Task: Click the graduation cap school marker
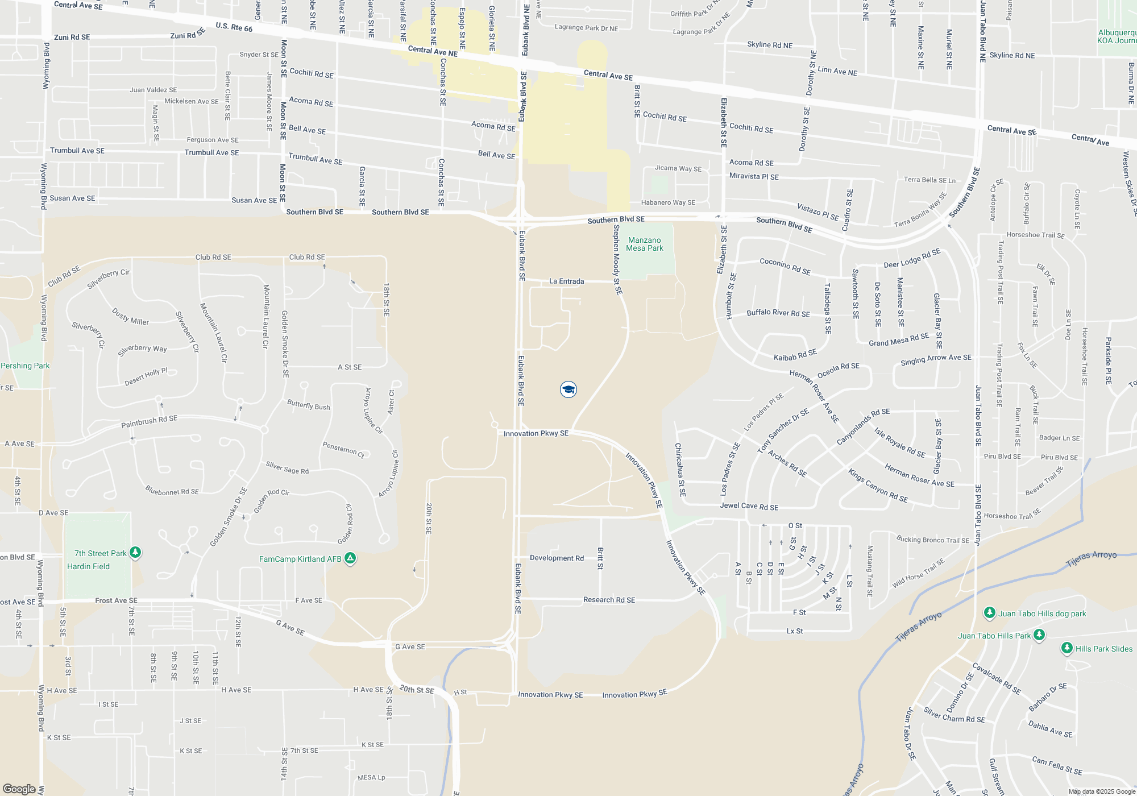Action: point(568,389)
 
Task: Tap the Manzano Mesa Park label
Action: point(644,244)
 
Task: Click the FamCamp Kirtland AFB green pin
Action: point(350,559)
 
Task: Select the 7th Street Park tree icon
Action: point(135,553)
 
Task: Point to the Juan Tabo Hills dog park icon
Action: point(990,613)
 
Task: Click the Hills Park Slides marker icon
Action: point(1067,648)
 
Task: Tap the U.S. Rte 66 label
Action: point(234,27)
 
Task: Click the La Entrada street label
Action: point(566,281)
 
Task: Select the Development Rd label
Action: point(557,558)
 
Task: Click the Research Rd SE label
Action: point(609,600)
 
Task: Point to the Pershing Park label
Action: point(25,366)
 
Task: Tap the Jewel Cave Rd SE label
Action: point(749,506)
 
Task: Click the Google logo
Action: point(19,789)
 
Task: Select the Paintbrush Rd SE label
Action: point(149,421)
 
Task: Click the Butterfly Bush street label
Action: point(308,405)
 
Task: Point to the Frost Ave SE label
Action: point(116,600)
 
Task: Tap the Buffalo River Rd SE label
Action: point(778,313)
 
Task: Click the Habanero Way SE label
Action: point(668,202)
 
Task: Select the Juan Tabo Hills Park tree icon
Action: point(1039,635)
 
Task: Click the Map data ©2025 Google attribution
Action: point(1101,791)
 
